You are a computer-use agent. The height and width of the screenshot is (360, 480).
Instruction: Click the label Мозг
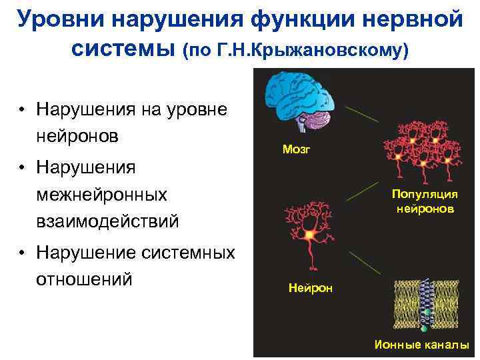point(296,150)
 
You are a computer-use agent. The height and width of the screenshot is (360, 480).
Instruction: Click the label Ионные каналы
point(421,345)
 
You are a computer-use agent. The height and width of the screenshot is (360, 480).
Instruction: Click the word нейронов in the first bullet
point(78,136)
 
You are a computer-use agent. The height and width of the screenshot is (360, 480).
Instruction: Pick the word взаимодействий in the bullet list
point(108,221)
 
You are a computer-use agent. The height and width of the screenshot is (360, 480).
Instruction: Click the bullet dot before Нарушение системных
point(23,253)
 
